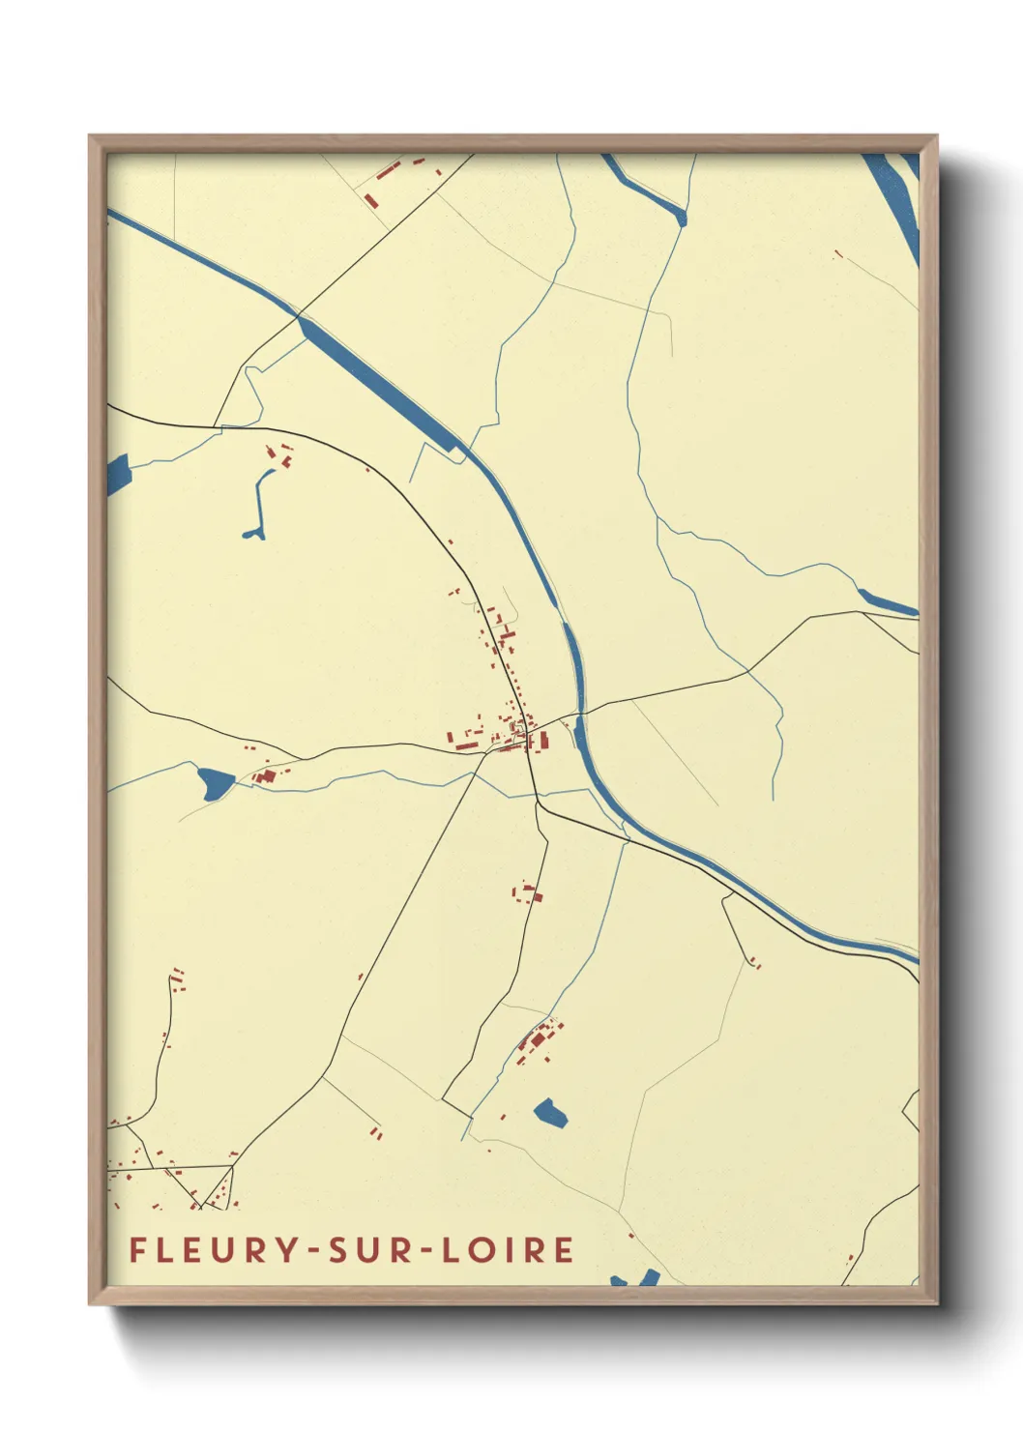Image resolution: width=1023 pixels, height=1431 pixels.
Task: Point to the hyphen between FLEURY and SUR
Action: tap(315, 1251)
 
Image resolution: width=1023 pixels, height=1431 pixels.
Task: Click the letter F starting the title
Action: tap(138, 1249)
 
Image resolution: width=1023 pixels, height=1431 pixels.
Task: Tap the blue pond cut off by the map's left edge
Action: tap(117, 474)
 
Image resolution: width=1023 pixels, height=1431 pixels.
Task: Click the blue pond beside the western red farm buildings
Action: tap(215, 780)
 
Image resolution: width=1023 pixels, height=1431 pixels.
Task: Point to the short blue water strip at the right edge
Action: tap(885, 601)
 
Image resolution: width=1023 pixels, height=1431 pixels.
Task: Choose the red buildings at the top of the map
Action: tap(386, 176)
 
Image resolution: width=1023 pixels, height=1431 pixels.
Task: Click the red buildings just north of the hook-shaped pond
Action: tap(279, 454)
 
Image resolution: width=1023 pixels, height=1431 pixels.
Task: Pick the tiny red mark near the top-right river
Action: tap(837, 255)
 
